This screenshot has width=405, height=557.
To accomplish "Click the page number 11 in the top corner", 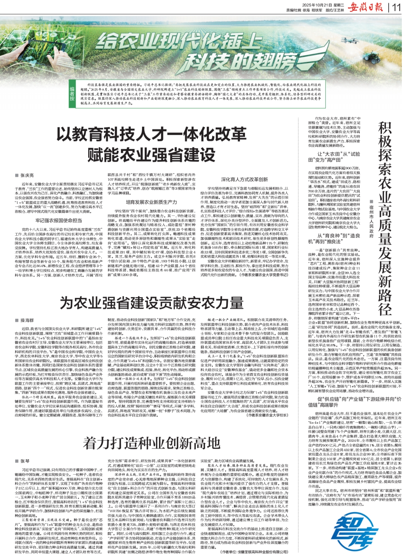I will point(396,7).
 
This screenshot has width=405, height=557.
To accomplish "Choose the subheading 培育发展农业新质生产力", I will point(151,202).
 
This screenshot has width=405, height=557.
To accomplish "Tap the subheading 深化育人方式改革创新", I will point(245,179).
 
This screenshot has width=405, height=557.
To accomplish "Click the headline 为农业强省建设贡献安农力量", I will point(151,303).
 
